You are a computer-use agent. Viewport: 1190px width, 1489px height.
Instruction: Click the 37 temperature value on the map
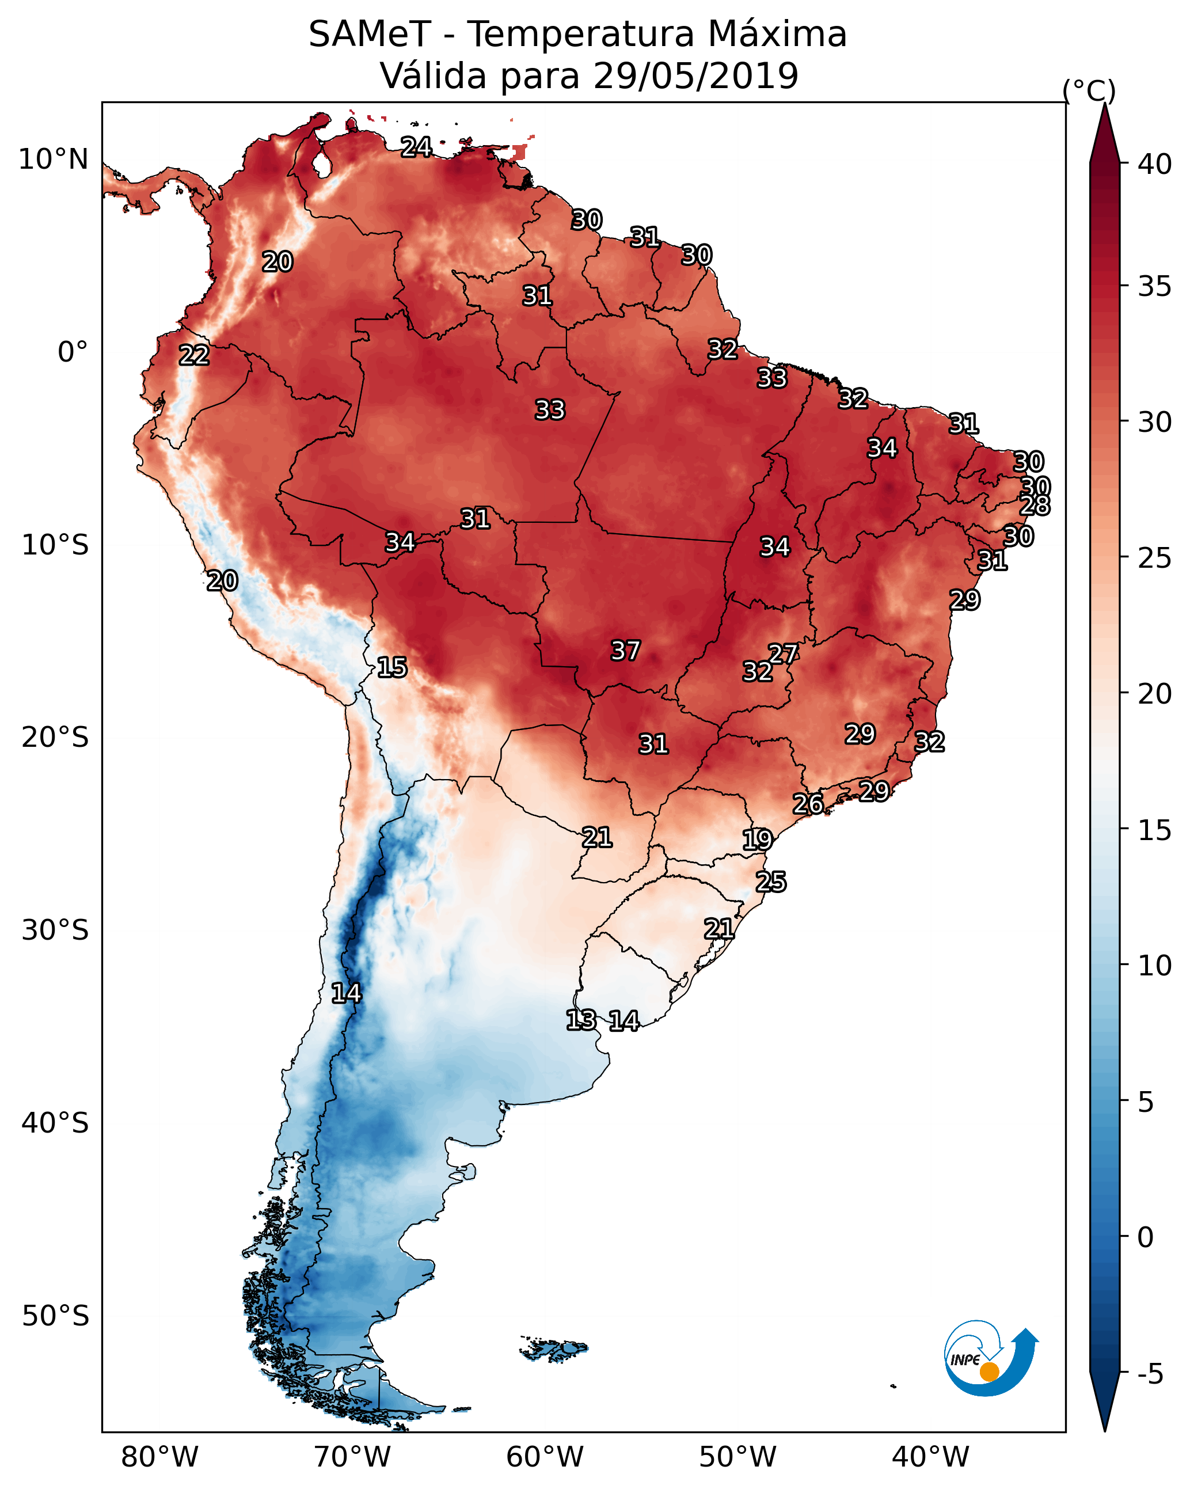point(626,651)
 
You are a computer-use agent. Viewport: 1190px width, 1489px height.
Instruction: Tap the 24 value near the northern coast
point(416,147)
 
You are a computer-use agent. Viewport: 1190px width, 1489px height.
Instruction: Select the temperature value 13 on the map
point(581,1020)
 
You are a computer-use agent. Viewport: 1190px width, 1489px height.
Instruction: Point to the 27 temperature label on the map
point(783,654)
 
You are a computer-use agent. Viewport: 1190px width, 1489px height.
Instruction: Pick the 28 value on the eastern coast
point(1035,506)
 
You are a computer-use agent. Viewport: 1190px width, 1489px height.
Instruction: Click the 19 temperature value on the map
point(757,840)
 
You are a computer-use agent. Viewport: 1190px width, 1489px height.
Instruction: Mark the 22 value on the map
point(194,355)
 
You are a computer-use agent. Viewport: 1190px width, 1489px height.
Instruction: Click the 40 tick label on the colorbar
point(1155,164)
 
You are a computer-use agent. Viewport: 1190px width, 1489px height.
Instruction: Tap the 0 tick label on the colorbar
point(1146,1237)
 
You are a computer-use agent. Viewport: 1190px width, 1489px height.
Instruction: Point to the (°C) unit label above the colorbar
point(1089,90)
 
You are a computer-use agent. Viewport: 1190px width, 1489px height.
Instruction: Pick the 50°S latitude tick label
point(55,1316)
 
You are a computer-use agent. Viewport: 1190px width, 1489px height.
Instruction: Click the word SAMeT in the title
point(370,35)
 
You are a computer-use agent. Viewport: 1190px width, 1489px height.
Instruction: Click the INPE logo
point(989,1360)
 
